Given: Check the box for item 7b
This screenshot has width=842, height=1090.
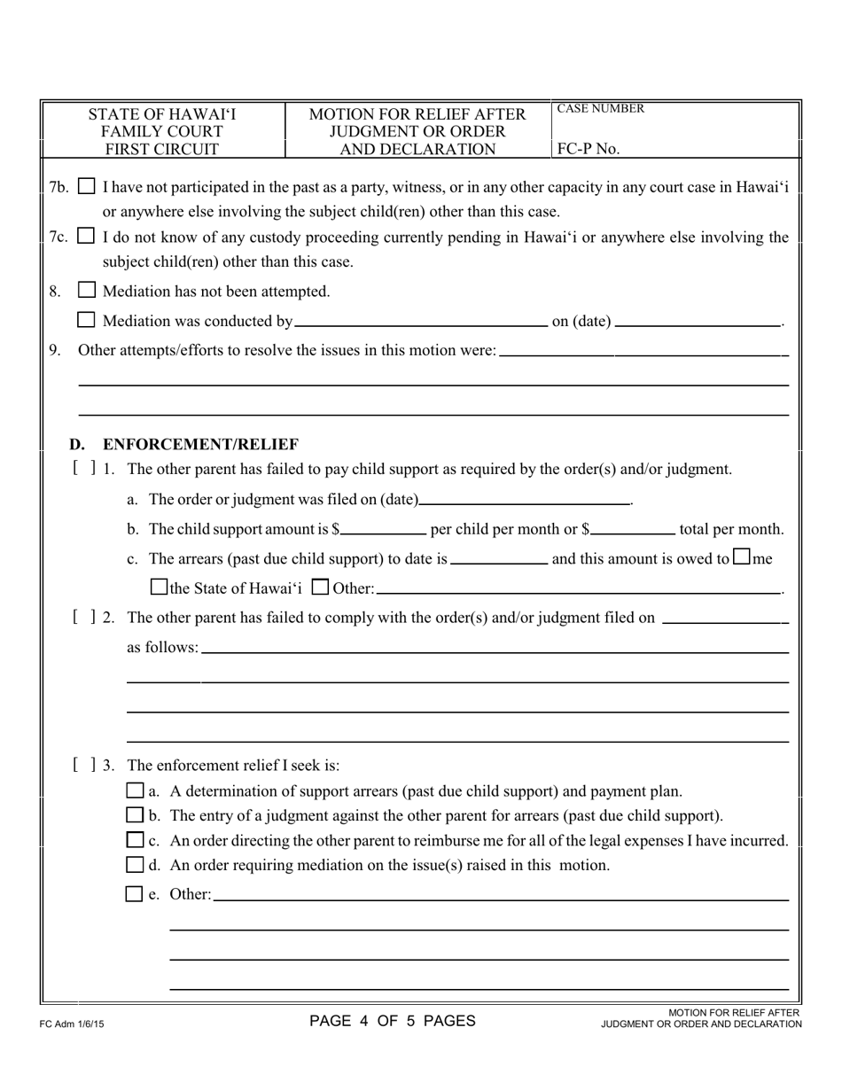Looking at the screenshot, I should coord(87,187).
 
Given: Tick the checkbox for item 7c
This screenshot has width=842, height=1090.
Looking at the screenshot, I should coord(87,237).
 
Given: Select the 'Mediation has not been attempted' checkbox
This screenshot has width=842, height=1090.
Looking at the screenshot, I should coord(87,290).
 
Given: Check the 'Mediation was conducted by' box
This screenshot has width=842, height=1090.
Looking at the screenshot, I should coord(87,320).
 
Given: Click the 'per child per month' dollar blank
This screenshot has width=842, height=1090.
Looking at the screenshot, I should coord(383,530).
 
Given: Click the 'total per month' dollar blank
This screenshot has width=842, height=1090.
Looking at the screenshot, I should coord(632,530).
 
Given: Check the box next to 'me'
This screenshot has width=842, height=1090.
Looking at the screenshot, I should coord(742,558).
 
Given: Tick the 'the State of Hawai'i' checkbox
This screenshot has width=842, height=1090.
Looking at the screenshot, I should coord(160,587).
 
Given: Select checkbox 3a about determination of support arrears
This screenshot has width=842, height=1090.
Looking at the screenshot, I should coord(135,790).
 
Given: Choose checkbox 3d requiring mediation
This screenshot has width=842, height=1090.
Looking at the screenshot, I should coord(135,864).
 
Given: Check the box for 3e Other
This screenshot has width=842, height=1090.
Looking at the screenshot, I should coord(135,894).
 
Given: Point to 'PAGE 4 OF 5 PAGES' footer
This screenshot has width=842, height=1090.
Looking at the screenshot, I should coord(392,1021).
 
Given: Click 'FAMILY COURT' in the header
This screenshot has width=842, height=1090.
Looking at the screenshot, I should coord(162,131).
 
